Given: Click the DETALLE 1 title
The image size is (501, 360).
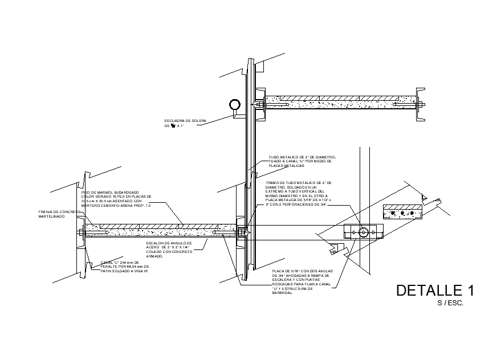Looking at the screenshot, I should tap(435, 290).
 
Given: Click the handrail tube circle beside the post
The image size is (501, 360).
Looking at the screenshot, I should tap(234, 105).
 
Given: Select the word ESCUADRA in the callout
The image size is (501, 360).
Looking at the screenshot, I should tap(173, 121).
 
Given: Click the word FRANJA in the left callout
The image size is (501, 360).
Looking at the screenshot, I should tap(45, 212).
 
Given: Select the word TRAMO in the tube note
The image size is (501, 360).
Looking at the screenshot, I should tap(272, 182).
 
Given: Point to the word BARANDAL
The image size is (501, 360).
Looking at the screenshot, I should tap(282, 293).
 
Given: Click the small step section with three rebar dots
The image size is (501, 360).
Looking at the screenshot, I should tap(402, 212).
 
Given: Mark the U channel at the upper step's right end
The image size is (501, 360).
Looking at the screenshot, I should tap(421, 104).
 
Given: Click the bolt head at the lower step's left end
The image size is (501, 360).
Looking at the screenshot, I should tap(79, 231).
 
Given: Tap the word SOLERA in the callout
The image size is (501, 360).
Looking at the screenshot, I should tap(198, 121).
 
